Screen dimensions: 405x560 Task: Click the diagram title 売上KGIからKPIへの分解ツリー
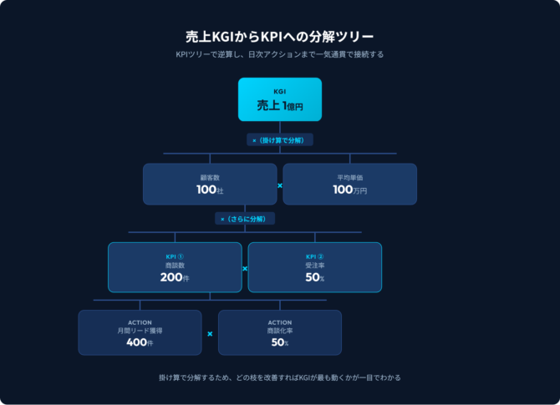pos(279,37)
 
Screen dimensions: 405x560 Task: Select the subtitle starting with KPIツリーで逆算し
pos(279,55)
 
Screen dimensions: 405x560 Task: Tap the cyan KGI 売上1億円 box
pos(279,99)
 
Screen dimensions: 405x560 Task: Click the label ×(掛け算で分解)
pos(279,139)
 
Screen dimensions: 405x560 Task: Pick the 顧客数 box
pos(209,184)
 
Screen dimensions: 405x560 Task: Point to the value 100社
pos(209,190)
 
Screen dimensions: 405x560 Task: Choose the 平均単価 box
pos(349,184)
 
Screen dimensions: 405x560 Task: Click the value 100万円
pos(349,190)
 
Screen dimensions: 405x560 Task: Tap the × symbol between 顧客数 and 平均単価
pos(279,185)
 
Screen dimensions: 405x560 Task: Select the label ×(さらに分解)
pos(245,218)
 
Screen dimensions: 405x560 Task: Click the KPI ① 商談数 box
pos(175,266)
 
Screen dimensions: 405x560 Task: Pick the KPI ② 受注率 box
pos(314,266)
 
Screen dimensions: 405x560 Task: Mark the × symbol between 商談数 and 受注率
pos(245,269)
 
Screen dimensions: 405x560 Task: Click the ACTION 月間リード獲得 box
pos(140,332)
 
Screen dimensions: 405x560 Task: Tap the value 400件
pos(140,343)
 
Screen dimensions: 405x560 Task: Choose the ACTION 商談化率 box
pos(279,332)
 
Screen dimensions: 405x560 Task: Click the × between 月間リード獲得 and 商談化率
pos(210,334)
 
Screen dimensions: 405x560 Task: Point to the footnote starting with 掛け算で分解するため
pos(279,377)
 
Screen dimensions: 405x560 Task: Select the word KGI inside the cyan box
pos(279,90)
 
